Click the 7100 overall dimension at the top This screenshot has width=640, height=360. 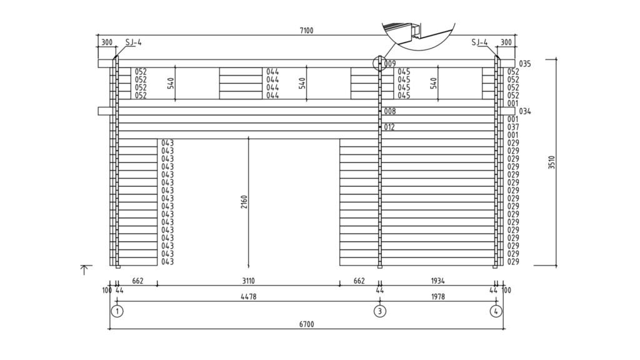[x=307, y=31]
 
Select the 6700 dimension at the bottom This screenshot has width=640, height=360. [x=306, y=324]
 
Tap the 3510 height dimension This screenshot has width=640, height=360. [x=552, y=162]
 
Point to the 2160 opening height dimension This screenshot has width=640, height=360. [x=244, y=202]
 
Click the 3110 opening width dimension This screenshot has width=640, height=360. [x=248, y=281]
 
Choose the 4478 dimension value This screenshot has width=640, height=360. [x=248, y=297]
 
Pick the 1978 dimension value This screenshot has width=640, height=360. [x=437, y=297]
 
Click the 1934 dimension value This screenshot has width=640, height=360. [x=437, y=281]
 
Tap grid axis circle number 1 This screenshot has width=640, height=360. [x=117, y=311]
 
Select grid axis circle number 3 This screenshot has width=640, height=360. [x=379, y=311]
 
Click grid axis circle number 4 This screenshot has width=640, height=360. [x=496, y=311]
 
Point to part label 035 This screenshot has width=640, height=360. [x=524, y=64]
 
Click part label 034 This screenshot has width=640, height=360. [x=524, y=111]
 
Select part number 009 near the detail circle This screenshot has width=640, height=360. [x=390, y=64]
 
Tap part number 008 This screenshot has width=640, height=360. [x=390, y=111]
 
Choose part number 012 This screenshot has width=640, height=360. [x=390, y=127]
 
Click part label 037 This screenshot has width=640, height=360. [x=513, y=127]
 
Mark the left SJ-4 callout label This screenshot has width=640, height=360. [x=133, y=42]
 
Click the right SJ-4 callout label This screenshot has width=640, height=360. [x=480, y=42]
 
